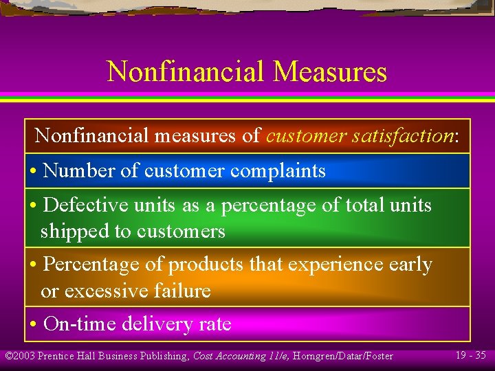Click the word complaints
coord(278,170)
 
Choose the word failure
coord(179,291)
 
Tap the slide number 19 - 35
coord(470,355)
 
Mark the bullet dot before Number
coord(33,171)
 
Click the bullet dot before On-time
coord(33,324)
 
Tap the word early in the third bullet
coord(407,265)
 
